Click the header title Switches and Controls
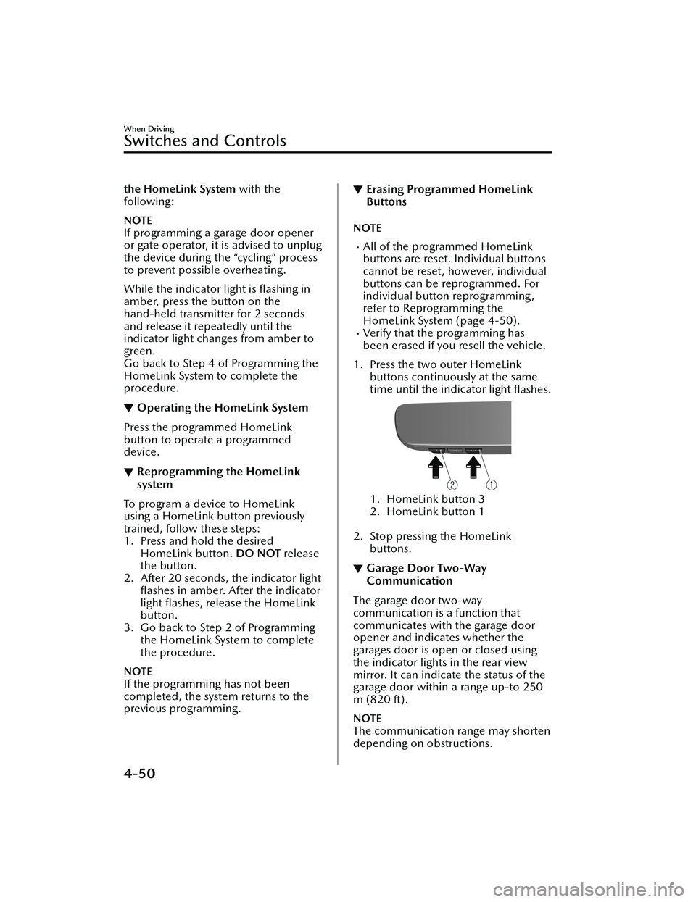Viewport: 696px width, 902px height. (205, 141)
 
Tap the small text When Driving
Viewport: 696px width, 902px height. (149, 129)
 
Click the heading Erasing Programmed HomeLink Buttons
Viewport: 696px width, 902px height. (449, 196)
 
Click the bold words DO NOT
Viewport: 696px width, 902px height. (259, 554)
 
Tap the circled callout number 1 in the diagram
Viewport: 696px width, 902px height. (491, 483)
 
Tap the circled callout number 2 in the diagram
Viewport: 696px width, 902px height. (453, 483)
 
